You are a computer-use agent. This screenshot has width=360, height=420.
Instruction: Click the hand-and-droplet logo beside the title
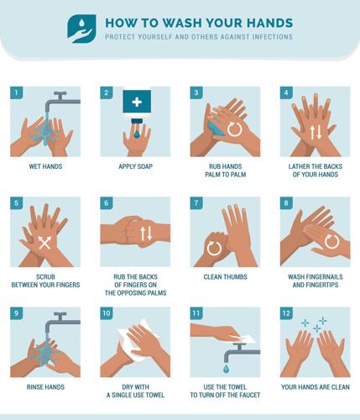82,28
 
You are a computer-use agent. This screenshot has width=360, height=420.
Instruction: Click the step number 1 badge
16,92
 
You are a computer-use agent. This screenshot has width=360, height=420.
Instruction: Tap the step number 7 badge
196,202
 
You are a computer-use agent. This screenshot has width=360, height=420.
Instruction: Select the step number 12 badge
286,312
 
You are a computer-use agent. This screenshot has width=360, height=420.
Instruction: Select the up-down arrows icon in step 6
146,234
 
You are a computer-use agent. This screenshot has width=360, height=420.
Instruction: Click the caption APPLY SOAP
135,167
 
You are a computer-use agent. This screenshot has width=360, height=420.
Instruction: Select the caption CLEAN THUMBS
226,276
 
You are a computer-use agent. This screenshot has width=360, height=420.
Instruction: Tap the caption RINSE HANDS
45,387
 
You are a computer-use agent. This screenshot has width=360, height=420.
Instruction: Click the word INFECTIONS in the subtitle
273,38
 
